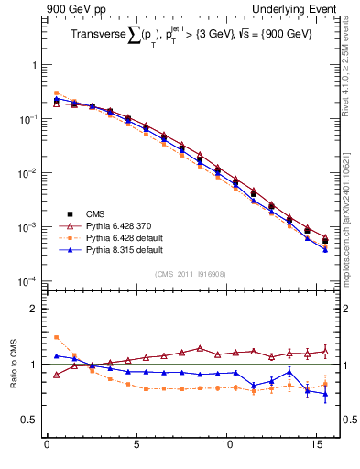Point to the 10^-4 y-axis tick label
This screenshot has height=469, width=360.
click(x=27, y=280)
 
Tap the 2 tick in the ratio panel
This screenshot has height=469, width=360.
click(x=32, y=309)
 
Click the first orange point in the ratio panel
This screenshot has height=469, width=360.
click(x=56, y=337)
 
